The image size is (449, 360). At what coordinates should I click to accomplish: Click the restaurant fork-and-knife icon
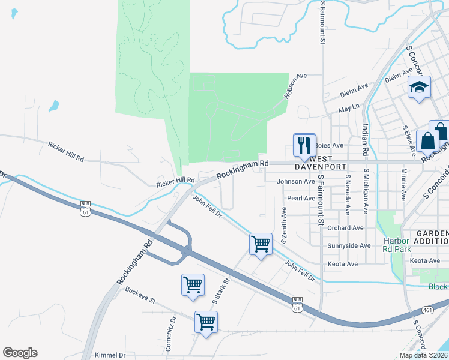[304, 145]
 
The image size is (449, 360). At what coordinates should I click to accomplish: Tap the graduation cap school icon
[419, 88]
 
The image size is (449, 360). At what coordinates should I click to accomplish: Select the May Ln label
[348, 109]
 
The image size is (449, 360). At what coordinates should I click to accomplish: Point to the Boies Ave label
[329, 145]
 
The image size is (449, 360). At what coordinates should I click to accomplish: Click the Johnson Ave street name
[295, 181]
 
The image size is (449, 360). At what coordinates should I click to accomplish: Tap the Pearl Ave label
[301, 198]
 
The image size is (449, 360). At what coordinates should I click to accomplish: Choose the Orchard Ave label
[346, 228]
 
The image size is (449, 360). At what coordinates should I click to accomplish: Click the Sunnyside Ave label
[349, 246]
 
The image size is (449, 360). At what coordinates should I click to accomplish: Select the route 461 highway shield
[427, 310]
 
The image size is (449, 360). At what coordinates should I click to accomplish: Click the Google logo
[20, 353]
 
